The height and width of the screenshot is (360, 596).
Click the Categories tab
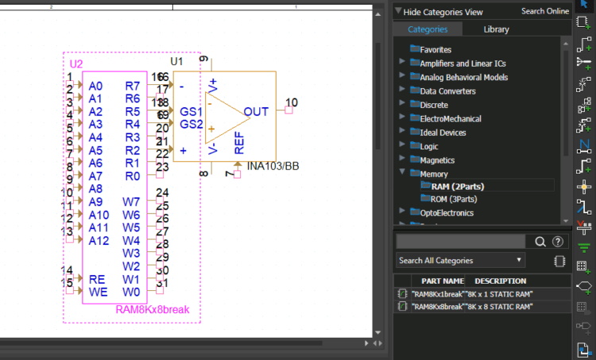point(428,29)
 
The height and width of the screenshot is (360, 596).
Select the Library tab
point(497,29)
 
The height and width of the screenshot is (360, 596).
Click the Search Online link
point(544,11)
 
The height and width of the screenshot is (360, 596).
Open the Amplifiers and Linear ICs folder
point(462,64)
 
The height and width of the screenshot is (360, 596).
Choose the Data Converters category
point(447,91)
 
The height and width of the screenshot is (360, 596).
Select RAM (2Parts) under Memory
point(457,186)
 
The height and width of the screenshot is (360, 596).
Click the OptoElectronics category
point(447,213)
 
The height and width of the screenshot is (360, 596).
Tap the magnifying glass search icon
point(540,242)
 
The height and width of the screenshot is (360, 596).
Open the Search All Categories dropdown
point(461,261)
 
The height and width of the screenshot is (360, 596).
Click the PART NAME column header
point(443,281)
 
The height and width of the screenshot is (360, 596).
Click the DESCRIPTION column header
point(500,281)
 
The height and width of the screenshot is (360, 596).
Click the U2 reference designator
point(76,64)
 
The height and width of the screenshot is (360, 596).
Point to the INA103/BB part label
point(273,166)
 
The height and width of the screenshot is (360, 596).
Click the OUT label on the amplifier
point(256,112)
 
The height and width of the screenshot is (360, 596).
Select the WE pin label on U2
point(97,292)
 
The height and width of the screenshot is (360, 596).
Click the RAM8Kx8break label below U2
point(153,309)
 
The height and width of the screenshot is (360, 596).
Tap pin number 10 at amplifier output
point(292,103)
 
